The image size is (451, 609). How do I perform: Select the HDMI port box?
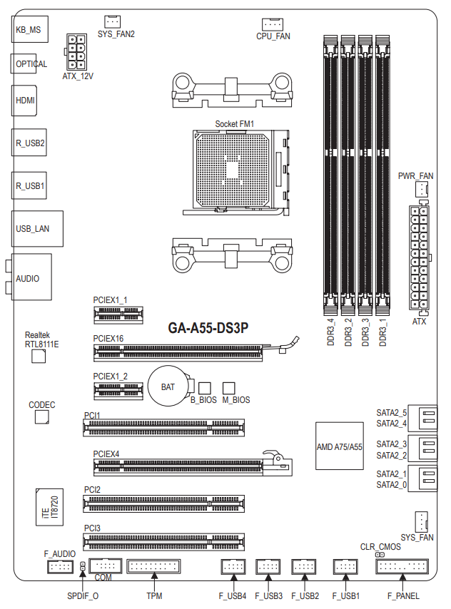[25, 101]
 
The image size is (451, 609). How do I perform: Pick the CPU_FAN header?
[273, 24]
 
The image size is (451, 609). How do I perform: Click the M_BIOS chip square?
[229, 387]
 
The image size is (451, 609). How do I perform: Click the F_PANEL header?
[402, 568]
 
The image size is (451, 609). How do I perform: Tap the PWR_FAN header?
[421, 189]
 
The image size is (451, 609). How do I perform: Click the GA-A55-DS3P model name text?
[208, 328]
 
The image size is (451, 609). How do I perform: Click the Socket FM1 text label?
[235, 124]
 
